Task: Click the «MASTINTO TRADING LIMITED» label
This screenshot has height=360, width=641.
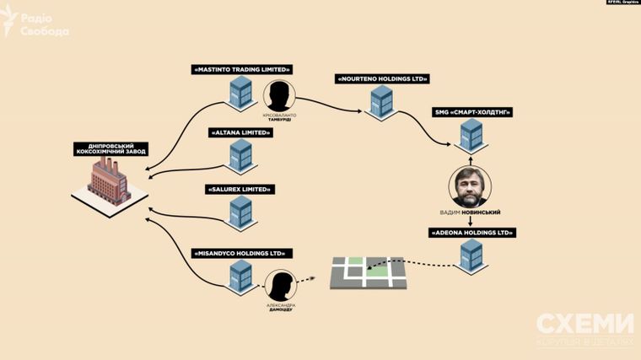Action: coord(241,69)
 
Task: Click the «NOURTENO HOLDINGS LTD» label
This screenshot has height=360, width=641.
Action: coord(383,78)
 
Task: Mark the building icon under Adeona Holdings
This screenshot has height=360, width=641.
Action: coord(471,255)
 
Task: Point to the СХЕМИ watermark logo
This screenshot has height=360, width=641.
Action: coord(584,329)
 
